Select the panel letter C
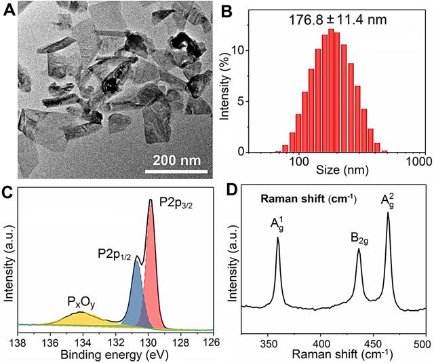8,191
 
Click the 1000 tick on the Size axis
416,161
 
